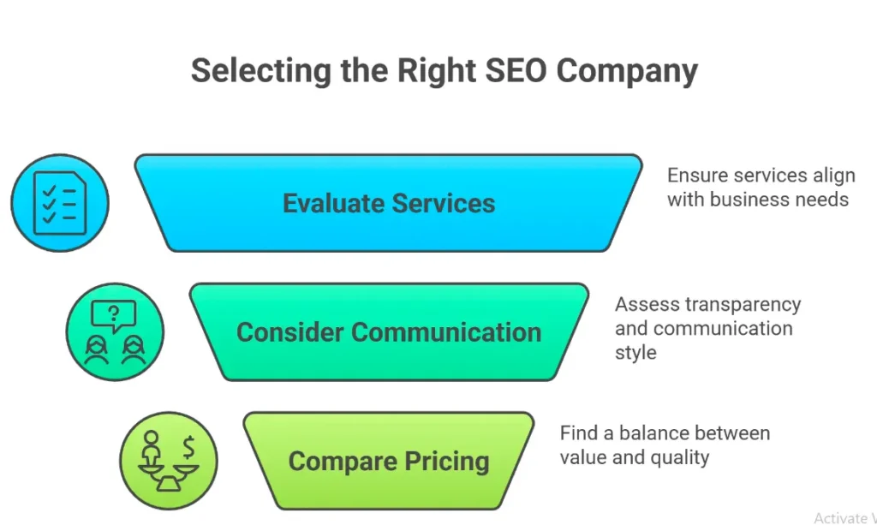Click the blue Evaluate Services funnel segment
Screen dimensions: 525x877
388,203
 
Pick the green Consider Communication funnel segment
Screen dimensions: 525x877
388,332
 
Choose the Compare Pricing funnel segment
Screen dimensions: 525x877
388,461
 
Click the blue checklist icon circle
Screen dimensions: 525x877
60,203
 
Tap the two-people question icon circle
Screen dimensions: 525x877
115,332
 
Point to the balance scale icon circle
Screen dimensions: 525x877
169,461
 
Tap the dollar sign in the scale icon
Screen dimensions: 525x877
188,446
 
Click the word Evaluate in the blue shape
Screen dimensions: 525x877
332,203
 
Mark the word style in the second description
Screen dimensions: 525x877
635,352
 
